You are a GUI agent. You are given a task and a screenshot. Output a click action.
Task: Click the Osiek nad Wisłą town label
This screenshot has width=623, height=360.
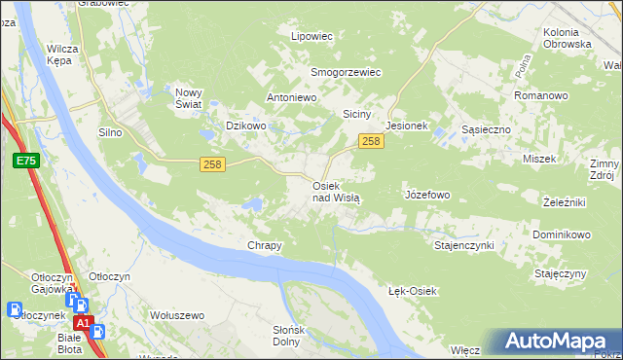(x=336, y=191)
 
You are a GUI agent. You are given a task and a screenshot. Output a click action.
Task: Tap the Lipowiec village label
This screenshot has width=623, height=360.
(x=312, y=36)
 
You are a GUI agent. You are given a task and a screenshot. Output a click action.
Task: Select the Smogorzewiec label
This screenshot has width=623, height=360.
(x=345, y=72)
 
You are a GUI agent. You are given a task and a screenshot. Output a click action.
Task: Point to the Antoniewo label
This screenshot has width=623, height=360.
(x=293, y=98)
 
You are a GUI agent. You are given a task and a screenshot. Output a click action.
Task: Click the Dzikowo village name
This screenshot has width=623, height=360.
(x=245, y=126)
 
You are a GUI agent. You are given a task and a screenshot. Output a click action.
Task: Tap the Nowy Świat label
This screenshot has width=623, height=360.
(x=188, y=98)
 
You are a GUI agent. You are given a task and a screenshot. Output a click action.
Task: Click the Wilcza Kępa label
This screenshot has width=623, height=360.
(x=61, y=53)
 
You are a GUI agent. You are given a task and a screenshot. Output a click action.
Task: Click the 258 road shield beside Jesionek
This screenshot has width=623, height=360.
(x=370, y=142)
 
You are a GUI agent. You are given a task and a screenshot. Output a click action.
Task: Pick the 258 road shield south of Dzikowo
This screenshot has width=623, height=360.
(x=213, y=164)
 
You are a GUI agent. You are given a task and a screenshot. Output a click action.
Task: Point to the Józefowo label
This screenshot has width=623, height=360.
(x=426, y=195)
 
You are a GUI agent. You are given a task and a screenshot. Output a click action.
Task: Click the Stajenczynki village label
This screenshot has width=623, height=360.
(x=463, y=245)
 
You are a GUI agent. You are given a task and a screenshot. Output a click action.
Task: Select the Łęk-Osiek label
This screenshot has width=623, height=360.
(x=414, y=291)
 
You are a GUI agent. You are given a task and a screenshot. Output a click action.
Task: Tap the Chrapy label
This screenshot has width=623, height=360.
(x=265, y=245)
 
